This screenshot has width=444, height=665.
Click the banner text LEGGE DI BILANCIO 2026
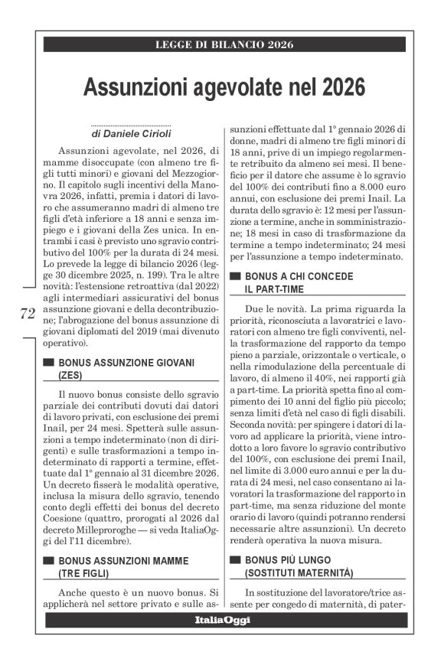(x=222, y=44)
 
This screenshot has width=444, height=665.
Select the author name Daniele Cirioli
(x=137, y=132)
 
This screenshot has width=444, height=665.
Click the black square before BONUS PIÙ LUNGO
(x=235, y=561)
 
